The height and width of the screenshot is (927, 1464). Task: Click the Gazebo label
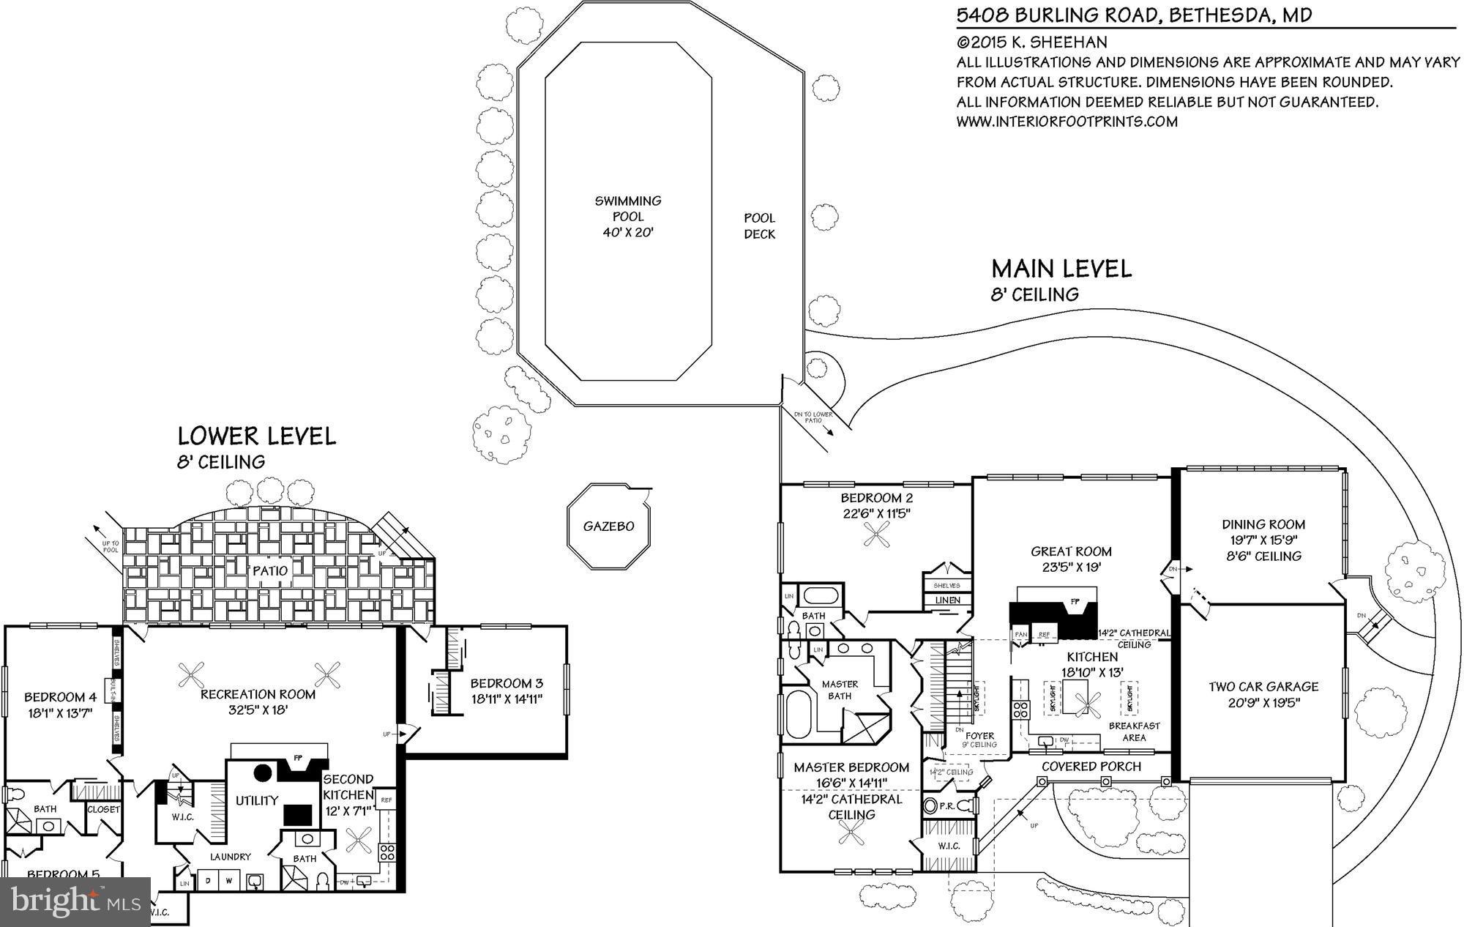[608, 526]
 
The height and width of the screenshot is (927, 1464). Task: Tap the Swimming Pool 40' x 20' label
[627, 216]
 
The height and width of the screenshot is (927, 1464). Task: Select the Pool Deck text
[759, 226]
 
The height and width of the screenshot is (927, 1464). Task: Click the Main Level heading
[1061, 269]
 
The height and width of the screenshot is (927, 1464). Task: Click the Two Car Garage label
[1263, 687]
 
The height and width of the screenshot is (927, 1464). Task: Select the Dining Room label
[1263, 524]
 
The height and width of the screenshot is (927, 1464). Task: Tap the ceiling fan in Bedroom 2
[876, 537]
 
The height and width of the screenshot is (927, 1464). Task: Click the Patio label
[271, 570]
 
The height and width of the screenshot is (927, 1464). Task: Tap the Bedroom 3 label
[507, 683]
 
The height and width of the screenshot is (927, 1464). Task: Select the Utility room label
[256, 800]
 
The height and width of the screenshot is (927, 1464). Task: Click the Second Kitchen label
[348, 787]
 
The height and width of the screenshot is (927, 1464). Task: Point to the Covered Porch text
[1091, 767]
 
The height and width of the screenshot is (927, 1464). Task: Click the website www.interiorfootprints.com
[1067, 122]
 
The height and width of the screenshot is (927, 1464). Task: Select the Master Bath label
[840, 690]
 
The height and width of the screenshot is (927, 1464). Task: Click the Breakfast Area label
[1133, 731]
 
